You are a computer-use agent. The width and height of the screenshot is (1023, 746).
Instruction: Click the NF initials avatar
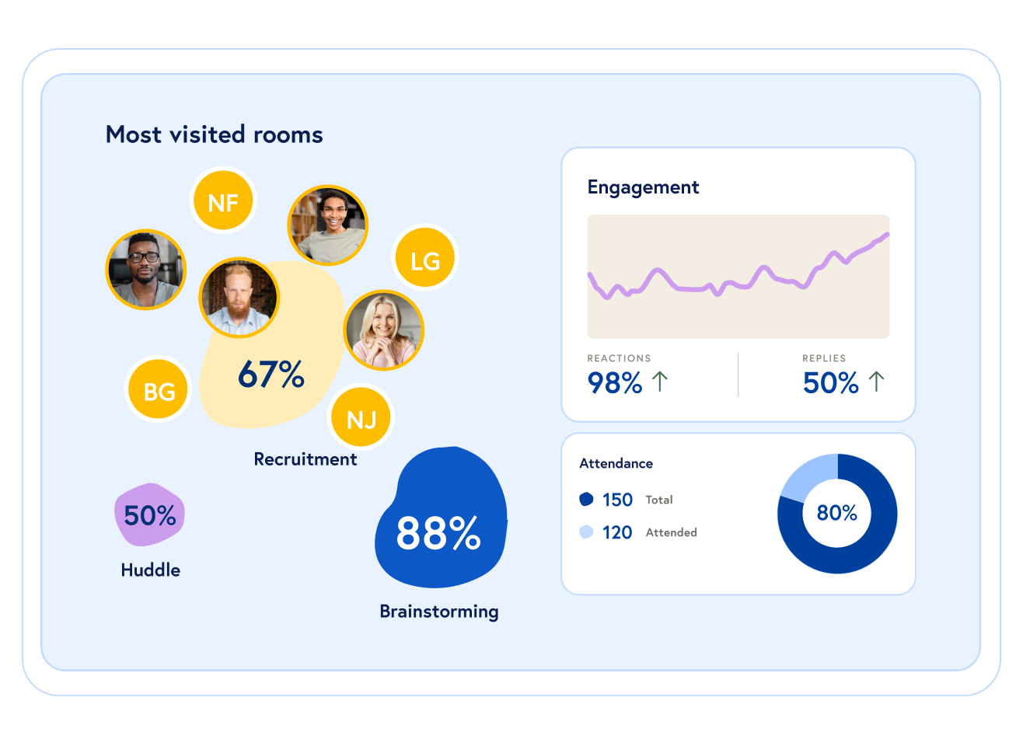pyautogui.click(x=223, y=201)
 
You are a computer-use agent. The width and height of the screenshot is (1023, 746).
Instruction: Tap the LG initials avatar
pyautogui.click(x=424, y=259)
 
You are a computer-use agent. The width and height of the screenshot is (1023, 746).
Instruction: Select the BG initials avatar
pyautogui.click(x=159, y=389)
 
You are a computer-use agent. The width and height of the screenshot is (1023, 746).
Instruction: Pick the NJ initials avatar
pyautogui.click(x=361, y=418)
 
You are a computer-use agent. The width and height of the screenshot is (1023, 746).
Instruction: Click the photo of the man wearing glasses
pyautogui.click(x=145, y=270)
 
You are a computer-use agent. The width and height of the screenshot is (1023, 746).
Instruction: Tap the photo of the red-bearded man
pyautogui.click(x=239, y=298)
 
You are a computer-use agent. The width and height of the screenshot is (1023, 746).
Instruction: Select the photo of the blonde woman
pyautogui.click(x=383, y=330)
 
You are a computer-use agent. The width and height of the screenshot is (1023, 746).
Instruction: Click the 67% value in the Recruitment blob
pyautogui.click(x=271, y=375)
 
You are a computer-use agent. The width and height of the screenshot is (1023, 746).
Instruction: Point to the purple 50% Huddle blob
pyautogui.click(x=150, y=514)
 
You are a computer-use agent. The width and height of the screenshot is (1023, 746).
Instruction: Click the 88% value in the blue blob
pyautogui.click(x=438, y=533)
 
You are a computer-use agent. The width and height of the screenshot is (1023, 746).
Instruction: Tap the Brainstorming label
pyautogui.click(x=439, y=612)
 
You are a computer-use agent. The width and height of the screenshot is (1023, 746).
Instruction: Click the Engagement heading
pyautogui.click(x=643, y=187)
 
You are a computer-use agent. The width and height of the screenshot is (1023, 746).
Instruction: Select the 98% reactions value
pyautogui.click(x=614, y=382)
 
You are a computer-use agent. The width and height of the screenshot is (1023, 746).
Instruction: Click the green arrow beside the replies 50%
pyautogui.click(x=876, y=381)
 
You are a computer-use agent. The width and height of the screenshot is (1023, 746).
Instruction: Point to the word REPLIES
pyautogui.click(x=824, y=358)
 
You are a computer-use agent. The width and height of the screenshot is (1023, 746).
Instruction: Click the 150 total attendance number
pyautogui.click(x=617, y=500)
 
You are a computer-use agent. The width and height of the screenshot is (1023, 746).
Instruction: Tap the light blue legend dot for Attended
pyautogui.click(x=586, y=532)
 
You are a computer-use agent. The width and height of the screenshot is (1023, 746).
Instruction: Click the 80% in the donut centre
pyautogui.click(x=837, y=513)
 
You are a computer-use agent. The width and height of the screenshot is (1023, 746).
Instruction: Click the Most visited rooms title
pyautogui.click(x=214, y=134)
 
